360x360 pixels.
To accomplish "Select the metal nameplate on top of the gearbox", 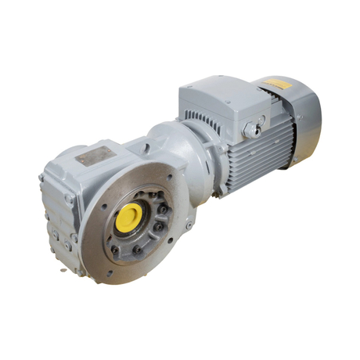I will click(93, 157).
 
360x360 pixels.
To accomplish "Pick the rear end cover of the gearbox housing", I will click(59, 219).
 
